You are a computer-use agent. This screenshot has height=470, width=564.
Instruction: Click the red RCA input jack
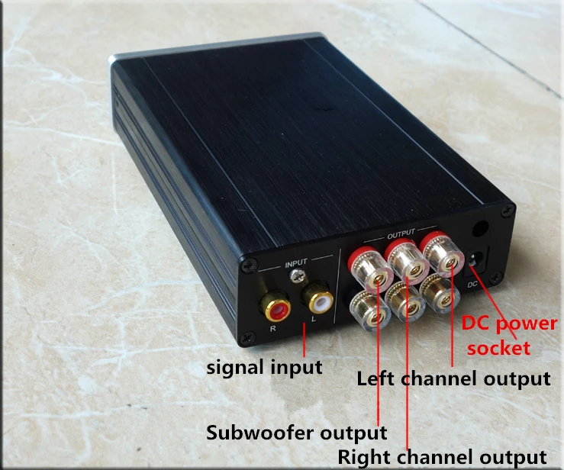pyautogui.click(x=276, y=308)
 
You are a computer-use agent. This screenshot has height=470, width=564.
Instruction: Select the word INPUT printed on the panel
pyautogui.click(x=295, y=264)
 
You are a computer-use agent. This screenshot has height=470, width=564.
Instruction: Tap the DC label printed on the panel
pyautogui.click(x=474, y=285)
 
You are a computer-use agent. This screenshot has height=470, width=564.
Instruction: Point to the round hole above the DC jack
pyautogui.click(x=482, y=227)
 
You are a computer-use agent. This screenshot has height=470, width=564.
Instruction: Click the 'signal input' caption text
pyautogui.click(x=265, y=367)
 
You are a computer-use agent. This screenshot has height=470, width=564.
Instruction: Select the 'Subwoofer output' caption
pyautogui.click(x=297, y=433)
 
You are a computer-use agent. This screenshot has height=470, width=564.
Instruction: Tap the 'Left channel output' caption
pyautogui.click(x=453, y=378)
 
